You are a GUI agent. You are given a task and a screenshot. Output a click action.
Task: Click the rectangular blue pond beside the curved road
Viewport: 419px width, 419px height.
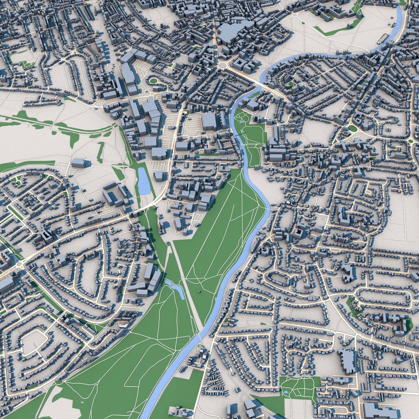(144, 181)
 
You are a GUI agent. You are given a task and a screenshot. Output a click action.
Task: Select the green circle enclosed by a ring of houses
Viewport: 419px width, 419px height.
(154, 81)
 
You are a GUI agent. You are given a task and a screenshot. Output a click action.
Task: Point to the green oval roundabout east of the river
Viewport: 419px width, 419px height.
(352, 128)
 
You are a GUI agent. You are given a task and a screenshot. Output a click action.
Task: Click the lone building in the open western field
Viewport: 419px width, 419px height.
(79, 163)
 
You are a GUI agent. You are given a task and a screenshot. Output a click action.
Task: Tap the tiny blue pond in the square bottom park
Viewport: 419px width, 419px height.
(286, 392)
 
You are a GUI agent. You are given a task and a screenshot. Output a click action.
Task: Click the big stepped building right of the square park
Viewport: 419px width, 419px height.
(348, 361)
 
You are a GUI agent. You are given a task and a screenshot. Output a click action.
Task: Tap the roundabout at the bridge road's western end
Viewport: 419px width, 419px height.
(223, 65)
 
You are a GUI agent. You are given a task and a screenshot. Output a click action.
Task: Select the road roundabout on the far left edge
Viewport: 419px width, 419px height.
(19, 264)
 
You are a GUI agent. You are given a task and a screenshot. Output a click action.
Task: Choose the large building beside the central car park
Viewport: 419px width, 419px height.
(209, 121)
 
